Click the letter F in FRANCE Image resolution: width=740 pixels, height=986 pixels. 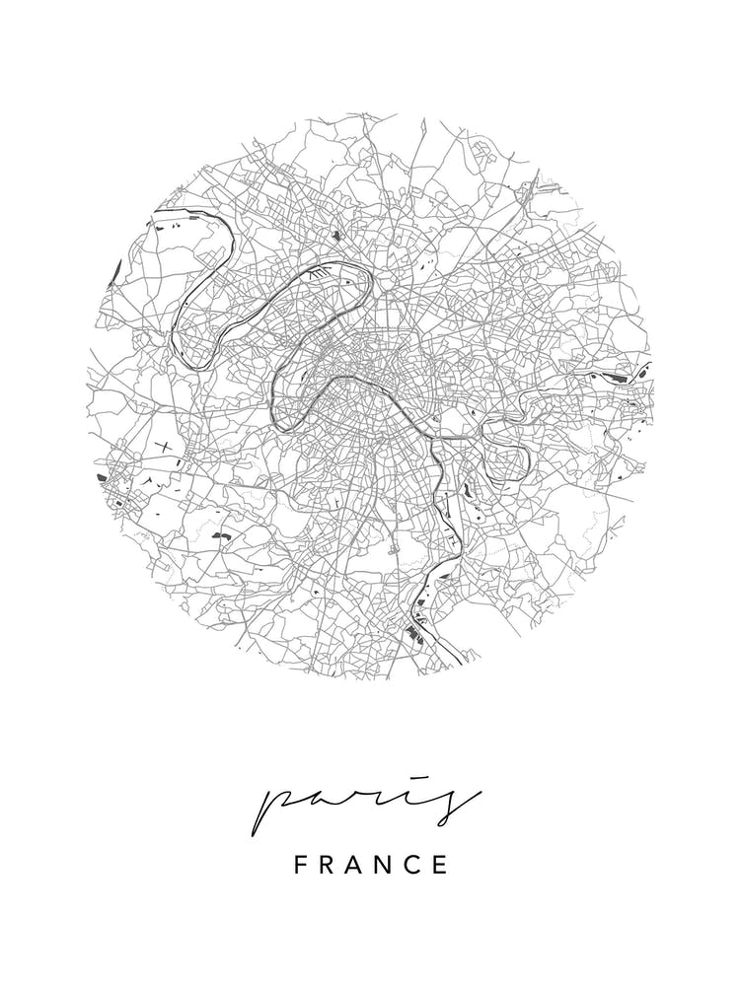click(x=301, y=866)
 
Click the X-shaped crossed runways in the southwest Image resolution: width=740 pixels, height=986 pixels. click(x=162, y=448)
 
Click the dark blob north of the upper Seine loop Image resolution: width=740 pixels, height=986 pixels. click(x=336, y=235)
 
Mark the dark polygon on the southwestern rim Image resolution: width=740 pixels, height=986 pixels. click(x=103, y=477)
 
